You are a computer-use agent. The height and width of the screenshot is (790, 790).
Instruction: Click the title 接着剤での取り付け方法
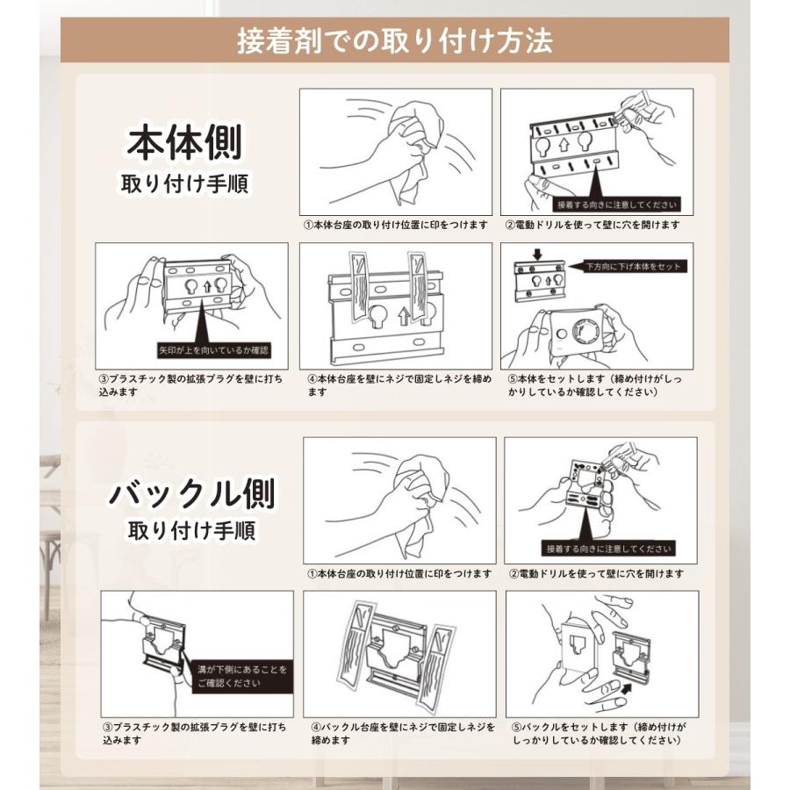click(395, 40)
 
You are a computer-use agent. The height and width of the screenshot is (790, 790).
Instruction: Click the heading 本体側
click(184, 142)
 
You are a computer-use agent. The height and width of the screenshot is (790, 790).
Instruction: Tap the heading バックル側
click(192, 492)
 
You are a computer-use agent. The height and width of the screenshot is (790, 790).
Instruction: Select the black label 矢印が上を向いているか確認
click(213, 350)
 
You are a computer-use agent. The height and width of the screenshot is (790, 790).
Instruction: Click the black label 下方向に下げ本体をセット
click(633, 266)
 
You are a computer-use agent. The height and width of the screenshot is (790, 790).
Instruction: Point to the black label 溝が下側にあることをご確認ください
click(242, 676)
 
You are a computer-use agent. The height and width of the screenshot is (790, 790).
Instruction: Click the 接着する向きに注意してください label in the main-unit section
click(616, 205)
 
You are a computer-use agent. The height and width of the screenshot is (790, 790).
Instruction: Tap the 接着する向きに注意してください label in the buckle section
click(608, 548)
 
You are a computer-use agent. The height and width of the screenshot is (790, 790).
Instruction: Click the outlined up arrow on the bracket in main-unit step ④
click(404, 316)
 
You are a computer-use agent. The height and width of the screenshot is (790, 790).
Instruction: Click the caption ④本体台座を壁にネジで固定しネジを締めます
click(399, 385)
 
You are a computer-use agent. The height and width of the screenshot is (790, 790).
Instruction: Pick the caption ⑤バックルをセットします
click(599, 734)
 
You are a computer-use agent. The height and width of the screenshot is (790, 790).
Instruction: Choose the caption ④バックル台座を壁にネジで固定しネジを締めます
click(403, 734)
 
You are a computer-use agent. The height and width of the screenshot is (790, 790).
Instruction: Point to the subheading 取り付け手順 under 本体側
click(184, 183)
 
